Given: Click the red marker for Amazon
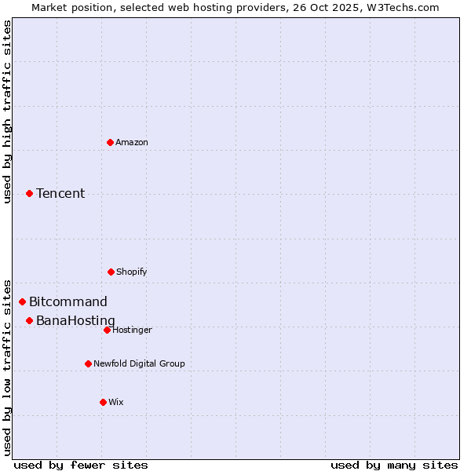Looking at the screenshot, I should click(110, 142).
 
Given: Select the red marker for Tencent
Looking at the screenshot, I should click(29, 193).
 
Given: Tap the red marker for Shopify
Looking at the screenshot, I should click(111, 272).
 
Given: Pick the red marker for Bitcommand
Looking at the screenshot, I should click(22, 301).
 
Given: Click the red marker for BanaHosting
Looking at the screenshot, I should click(29, 320).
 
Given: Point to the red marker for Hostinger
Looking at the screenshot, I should click(107, 330).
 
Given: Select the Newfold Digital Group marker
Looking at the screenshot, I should click(88, 363).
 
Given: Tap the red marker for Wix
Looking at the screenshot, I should click(103, 402).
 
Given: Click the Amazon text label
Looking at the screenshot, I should click(132, 142).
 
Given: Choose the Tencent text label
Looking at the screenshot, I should click(60, 193).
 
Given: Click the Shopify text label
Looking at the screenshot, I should click(132, 272).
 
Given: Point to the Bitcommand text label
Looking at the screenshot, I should click(68, 301).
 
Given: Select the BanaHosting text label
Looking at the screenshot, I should click(75, 320).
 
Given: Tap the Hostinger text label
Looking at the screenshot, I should click(132, 330).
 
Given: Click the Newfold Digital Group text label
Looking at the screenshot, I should click(139, 363).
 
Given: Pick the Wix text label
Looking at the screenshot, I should click(116, 402).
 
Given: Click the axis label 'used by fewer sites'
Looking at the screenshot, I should click(81, 465).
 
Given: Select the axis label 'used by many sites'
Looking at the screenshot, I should click(394, 465).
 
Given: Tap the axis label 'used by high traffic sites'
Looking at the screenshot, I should click(7, 111).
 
